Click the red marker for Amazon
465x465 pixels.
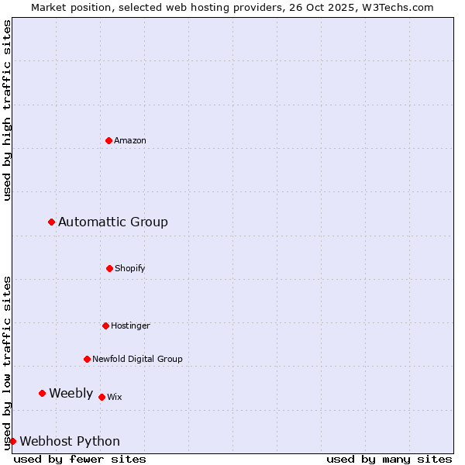[108, 140]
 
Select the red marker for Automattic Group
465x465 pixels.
[52, 222]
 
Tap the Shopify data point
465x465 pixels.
[109, 268]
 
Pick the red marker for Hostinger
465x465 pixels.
[105, 325]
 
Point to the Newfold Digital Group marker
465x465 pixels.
[87, 359]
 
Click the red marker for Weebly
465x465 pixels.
[43, 393]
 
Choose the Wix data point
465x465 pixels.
[102, 397]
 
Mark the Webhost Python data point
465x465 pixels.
[13, 441]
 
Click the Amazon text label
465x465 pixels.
[130, 140]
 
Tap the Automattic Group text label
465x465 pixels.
[113, 222]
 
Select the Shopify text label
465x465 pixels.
[130, 268]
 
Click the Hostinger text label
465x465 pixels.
[130, 325]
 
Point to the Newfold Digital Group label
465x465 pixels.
[137, 359]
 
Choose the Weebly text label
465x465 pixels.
[71, 393]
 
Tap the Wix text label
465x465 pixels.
[115, 397]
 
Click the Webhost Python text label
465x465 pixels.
[70, 441]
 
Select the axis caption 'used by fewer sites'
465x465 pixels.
[80, 459]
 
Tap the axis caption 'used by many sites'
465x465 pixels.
[389, 459]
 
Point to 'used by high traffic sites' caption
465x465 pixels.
[7, 110]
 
